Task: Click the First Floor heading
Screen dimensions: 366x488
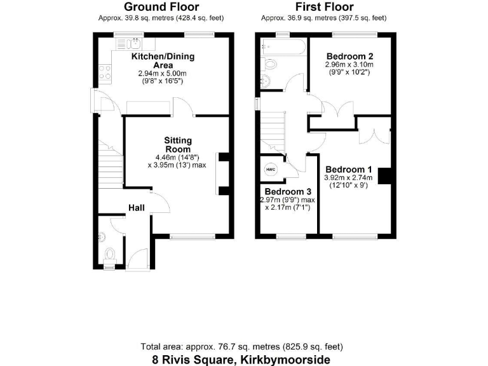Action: click(x=325, y=8)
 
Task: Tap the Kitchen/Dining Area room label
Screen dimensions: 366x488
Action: click(x=163, y=61)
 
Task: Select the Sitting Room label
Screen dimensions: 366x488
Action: click(x=178, y=145)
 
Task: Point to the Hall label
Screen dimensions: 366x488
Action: click(x=137, y=208)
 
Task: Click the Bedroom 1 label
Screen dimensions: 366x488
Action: click(x=349, y=170)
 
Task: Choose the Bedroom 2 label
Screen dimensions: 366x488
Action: click(x=349, y=55)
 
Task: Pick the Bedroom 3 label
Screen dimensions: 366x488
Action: click(x=288, y=192)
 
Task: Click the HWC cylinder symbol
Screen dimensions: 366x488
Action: click(x=271, y=170)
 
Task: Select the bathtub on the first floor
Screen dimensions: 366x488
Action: click(x=282, y=46)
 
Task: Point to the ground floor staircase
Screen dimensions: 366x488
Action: click(x=110, y=164)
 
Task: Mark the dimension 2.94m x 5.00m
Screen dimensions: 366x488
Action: click(x=163, y=74)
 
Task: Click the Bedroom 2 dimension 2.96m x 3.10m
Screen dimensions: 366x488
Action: click(x=349, y=65)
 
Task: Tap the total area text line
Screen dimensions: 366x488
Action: click(x=241, y=347)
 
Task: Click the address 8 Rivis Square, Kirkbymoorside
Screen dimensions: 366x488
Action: click(x=241, y=360)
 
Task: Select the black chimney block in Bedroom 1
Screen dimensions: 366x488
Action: click(x=384, y=175)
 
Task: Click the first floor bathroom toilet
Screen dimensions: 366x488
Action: click(x=269, y=65)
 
